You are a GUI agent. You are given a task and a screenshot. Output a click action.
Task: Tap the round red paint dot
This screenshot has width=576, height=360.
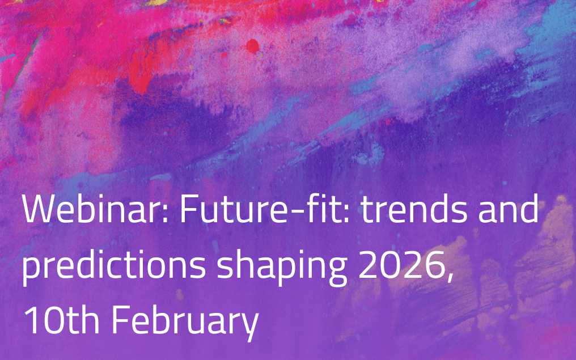pos(252,46)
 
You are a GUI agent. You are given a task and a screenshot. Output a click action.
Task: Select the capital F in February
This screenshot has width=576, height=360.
pos(121,319)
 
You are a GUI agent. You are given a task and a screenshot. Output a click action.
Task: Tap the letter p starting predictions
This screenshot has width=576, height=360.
pos(32,271)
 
